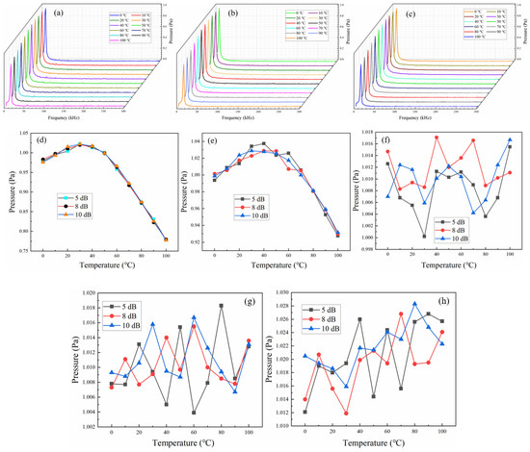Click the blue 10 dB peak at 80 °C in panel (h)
tap(414, 304)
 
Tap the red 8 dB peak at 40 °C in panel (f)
tap(437, 138)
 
